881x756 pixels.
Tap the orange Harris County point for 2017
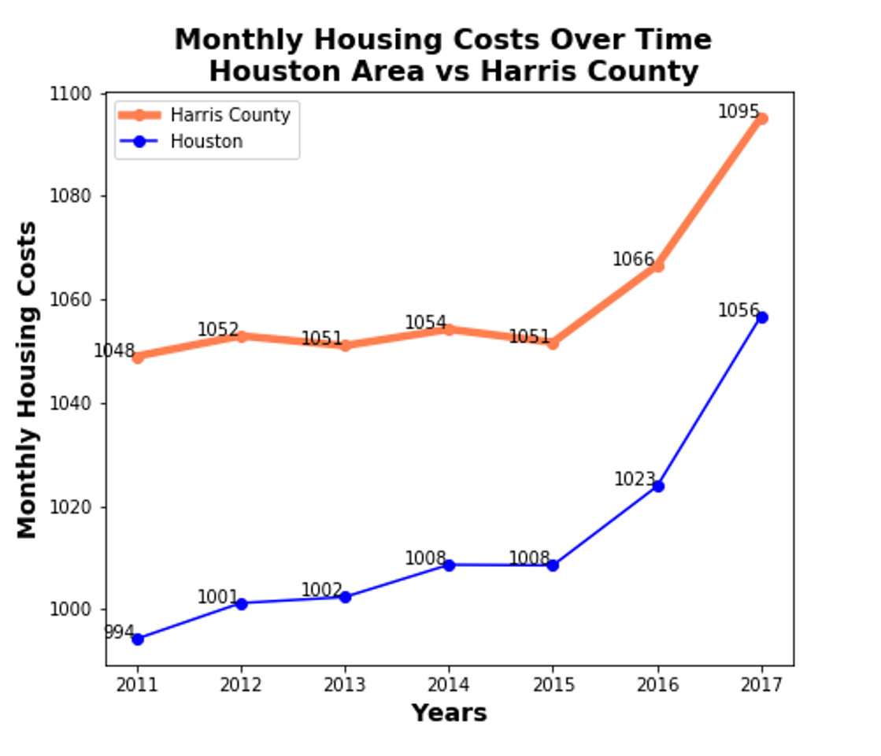(761, 119)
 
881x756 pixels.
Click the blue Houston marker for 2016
(658, 486)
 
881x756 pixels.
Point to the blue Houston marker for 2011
(138, 639)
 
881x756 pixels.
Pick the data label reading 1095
(738, 113)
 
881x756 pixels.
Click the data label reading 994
(119, 632)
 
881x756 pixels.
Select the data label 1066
(633, 259)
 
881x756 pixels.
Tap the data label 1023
(635, 480)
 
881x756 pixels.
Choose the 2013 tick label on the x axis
(345, 684)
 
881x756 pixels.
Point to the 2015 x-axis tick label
(553, 684)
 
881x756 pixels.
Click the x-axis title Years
(449, 713)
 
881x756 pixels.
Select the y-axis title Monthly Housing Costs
(28, 380)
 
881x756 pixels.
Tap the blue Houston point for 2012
(242, 603)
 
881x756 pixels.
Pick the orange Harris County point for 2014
(449, 329)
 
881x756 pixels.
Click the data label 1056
(738, 311)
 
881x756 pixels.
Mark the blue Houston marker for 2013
(345, 597)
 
